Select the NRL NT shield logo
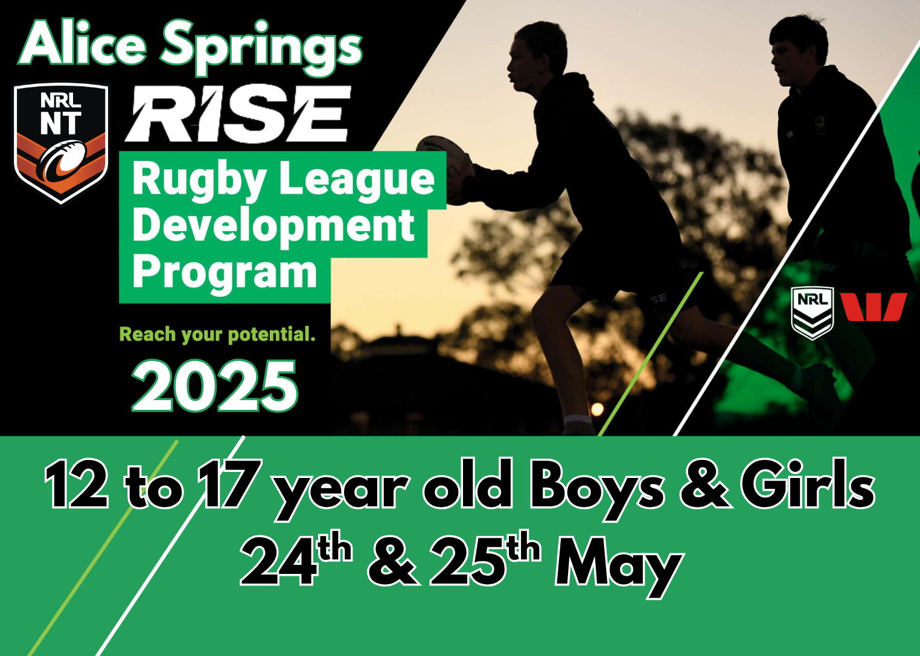pos(61,142)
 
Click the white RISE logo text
pos(238,114)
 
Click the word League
pos(357,180)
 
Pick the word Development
pos(273,227)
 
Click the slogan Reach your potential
pos(217,334)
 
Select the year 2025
pos(215,386)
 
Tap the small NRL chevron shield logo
pos(813,312)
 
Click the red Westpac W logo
pos(874,307)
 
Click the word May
pos(619,564)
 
